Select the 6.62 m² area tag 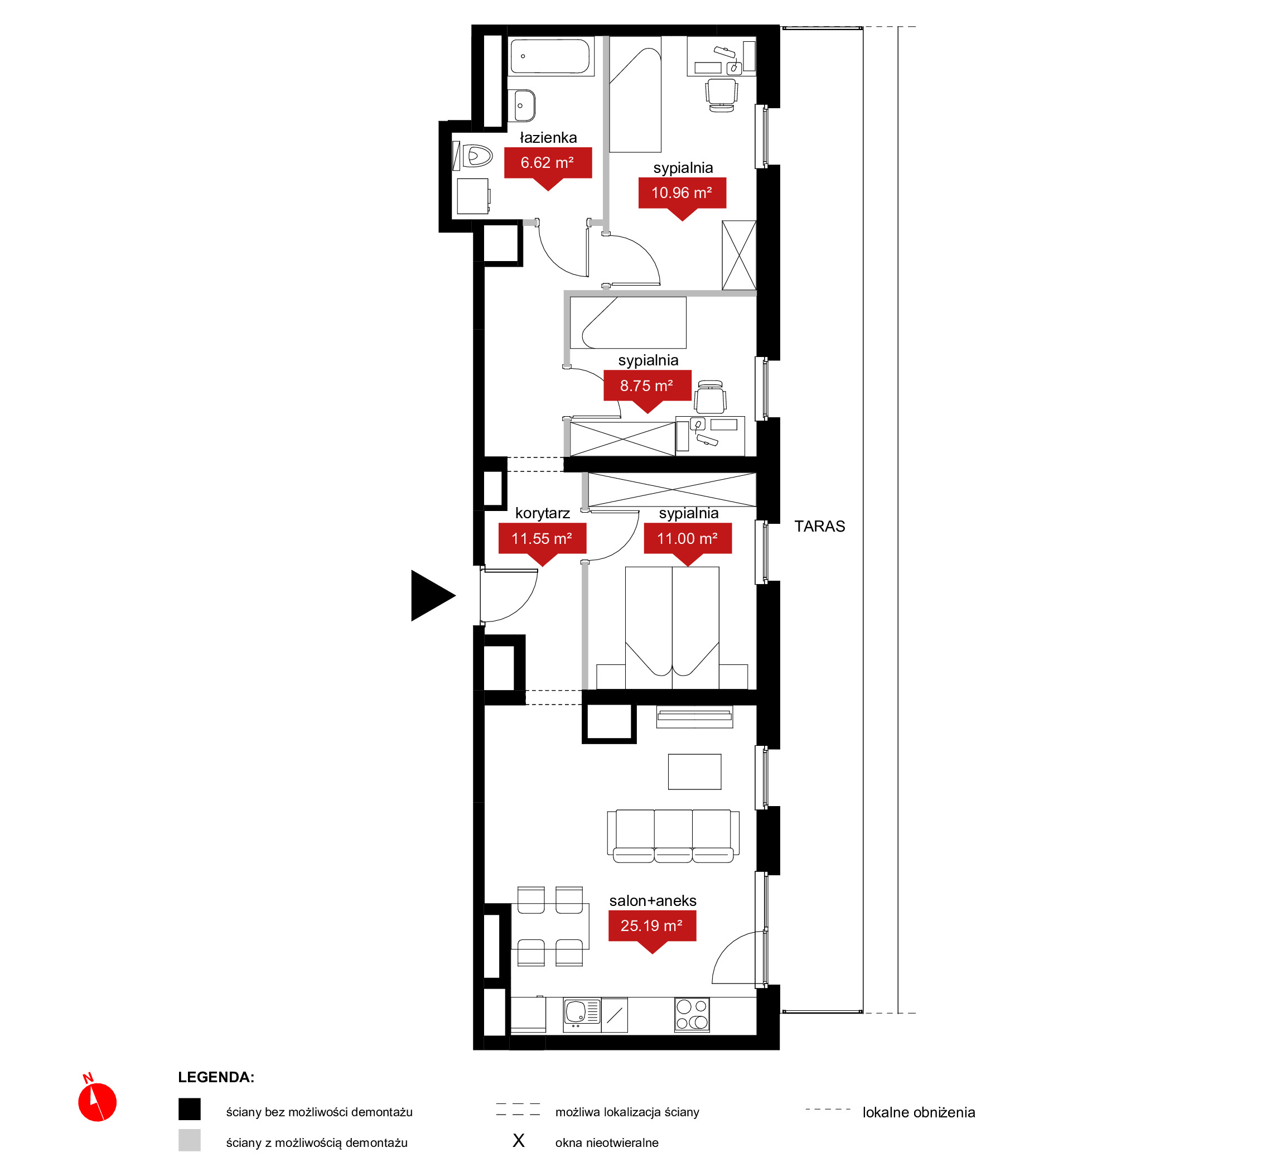tap(548, 167)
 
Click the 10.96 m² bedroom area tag tap(682, 197)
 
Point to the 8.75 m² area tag tap(648, 390)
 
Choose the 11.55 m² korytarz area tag tap(542, 543)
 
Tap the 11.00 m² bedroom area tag tap(688, 543)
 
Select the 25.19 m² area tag tap(652, 930)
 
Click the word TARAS tap(819, 526)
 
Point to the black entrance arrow tap(431, 595)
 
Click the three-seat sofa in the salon tap(673, 836)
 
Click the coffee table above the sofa tap(694, 772)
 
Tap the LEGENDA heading tap(216, 1077)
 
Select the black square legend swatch tap(189, 1109)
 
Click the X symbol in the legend tap(518, 1141)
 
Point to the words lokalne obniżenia tap(919, 1112)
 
